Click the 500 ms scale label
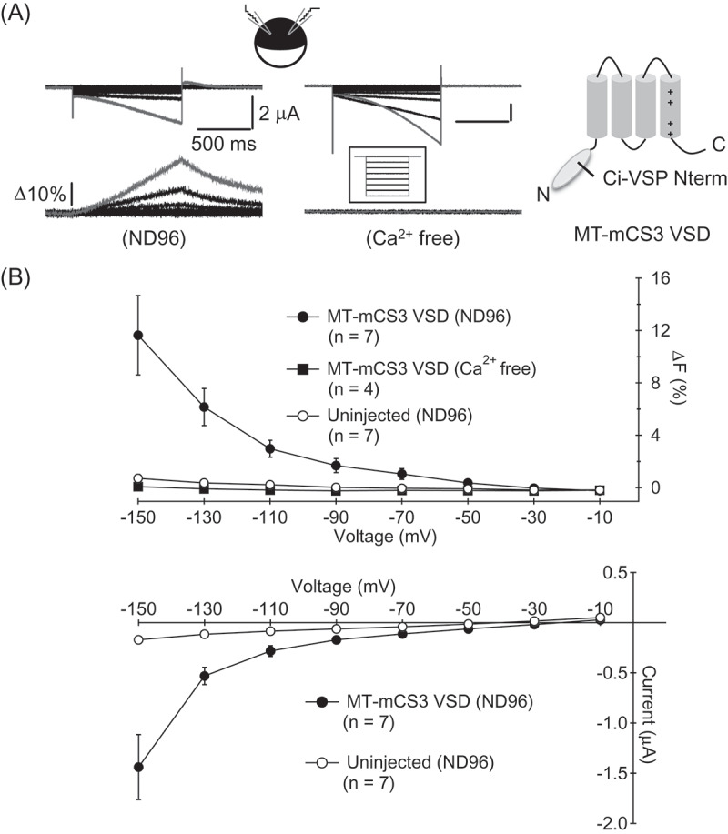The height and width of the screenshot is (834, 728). click(x=224, y=144)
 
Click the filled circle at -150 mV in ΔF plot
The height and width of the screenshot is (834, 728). click(x=138, y=335)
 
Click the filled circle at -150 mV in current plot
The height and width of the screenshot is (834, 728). click(x=138, y=767)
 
